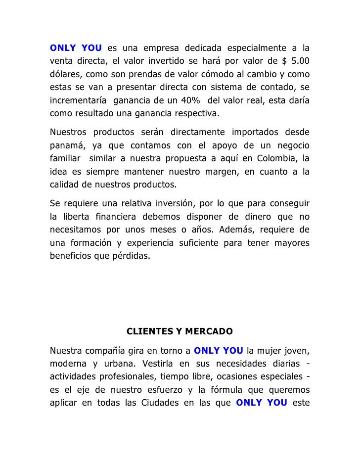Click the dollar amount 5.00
[300, 61]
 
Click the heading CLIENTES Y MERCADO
[180, 330]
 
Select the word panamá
[66, 146]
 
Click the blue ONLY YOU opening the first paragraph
[76, 48]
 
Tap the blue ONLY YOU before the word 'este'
[262, 403]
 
